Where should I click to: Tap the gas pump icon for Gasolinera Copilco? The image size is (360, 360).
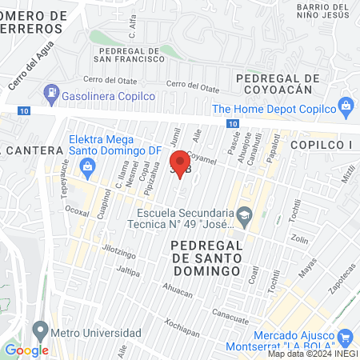51,92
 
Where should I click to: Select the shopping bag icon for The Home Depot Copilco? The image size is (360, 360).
346,106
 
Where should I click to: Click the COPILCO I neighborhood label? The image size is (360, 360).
321,144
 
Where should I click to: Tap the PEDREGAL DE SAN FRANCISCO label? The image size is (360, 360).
128,54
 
